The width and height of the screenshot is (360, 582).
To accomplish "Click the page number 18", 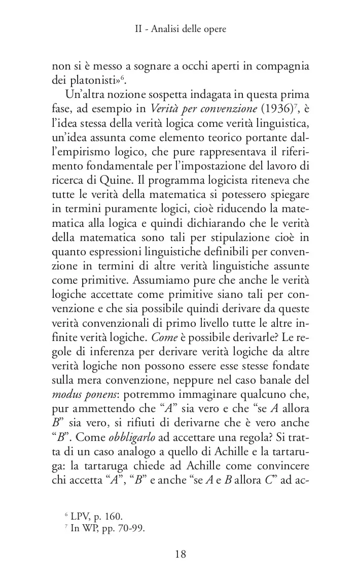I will tap(181, 554).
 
